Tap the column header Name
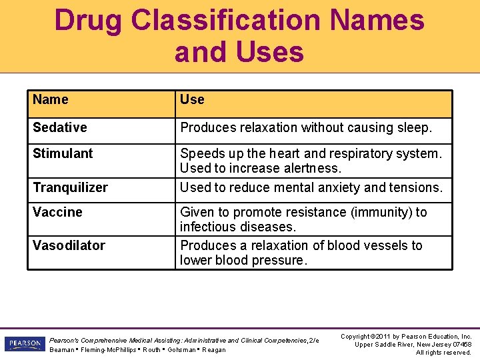[51, 100]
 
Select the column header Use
[192, 100]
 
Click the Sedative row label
[60, 127]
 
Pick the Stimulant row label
[63, 153]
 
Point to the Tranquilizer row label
[70, 187]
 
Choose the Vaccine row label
[57, 212]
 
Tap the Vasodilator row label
[69, 245]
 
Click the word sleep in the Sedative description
[414, 127]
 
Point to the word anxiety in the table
[328, 187]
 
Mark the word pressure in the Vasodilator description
[278, 260]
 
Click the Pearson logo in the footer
[24, 344]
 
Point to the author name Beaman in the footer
[62, 350]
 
